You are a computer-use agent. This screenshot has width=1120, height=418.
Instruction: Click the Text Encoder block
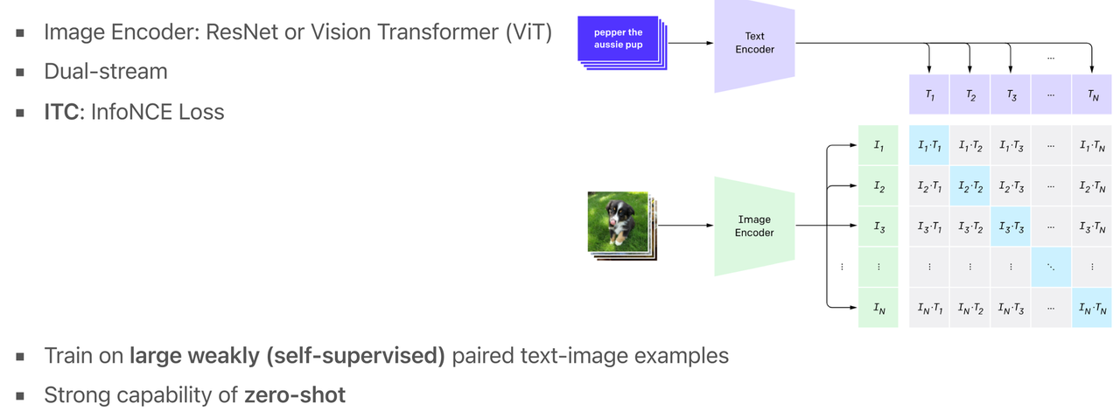(x=754, y=43)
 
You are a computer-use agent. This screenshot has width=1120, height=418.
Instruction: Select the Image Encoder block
(x=754, y=226)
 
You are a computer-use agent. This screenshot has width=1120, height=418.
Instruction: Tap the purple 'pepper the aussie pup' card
(x=619, y=38)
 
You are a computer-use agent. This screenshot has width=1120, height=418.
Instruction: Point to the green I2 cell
(x=878, y=187)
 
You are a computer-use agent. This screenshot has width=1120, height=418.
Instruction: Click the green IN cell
(x=878, y=308)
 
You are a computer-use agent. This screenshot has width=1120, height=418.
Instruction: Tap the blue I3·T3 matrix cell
(x=1011, y=227)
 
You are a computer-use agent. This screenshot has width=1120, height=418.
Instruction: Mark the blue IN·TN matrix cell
(x=1093, y=308)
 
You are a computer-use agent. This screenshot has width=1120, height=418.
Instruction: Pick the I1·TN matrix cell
(x=1093, y=146)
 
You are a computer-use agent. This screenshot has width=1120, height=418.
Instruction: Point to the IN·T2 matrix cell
(x=969, y=308)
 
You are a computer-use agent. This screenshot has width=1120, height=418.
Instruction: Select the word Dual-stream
(x=105, y=72)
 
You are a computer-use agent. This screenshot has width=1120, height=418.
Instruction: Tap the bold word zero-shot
(x=295, y=395)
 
